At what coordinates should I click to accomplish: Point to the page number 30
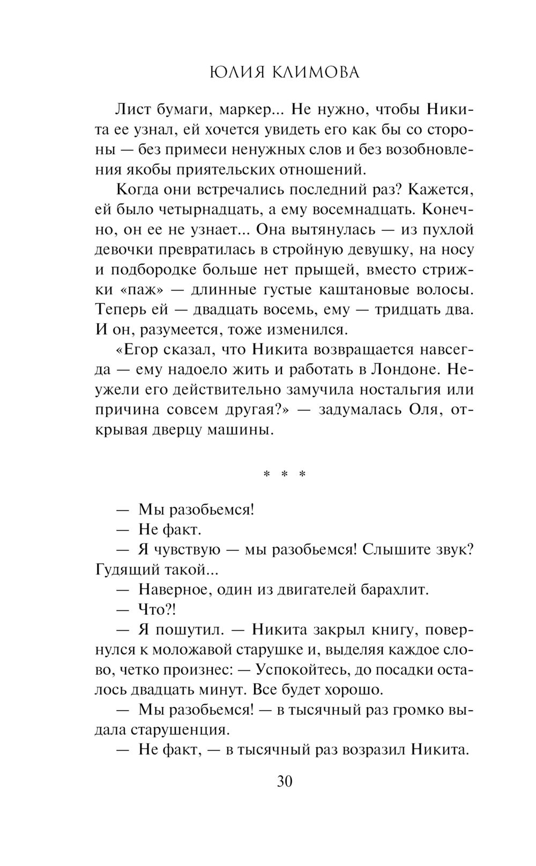(x=285, y=781)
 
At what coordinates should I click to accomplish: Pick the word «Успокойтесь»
(x=304, y=670)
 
